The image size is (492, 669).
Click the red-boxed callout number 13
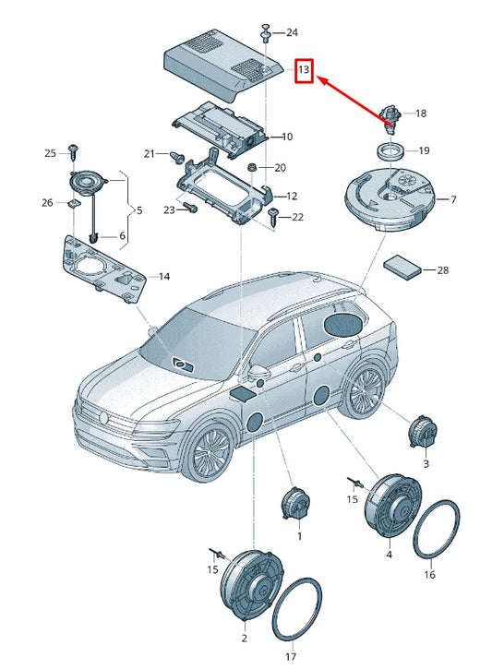(x=304, y=69)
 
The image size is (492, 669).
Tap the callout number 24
(x=292, y=32)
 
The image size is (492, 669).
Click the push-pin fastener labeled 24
(x=266, y=33)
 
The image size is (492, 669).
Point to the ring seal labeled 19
(x=389, y=152)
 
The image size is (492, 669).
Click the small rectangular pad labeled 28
(x=402, y=267)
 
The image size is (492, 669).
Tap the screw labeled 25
(x=74, y=152)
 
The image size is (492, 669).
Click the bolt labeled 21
(x=175, y=157)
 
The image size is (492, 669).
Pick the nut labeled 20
(x=253, y=166)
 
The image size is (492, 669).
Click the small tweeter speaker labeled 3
(x=423, y=432)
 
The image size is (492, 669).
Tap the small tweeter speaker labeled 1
(x=296, y=504)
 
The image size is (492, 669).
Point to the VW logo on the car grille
(x=102, y=417)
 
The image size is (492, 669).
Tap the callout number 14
(x=164, y=277)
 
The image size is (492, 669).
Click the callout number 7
(x=453, y=199)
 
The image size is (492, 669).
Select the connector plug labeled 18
(x=390, y=119)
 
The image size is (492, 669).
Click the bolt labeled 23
(x=190, y=208)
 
